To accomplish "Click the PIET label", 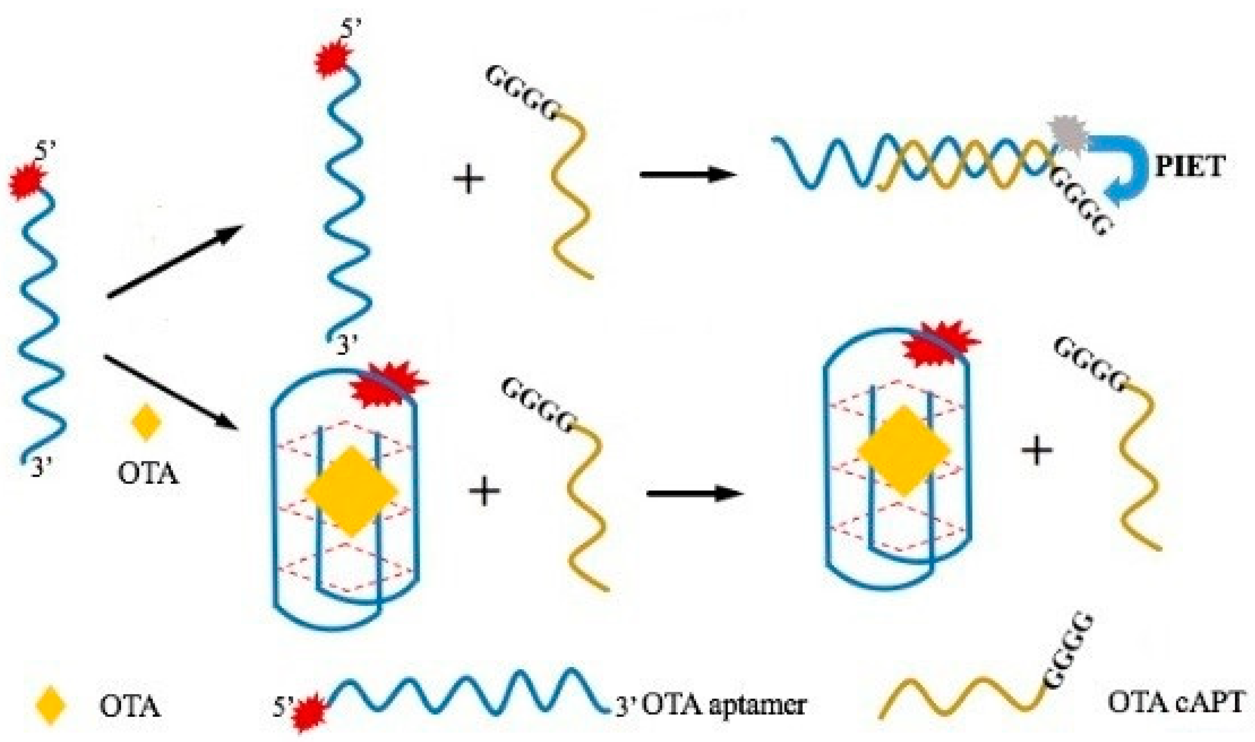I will [x=1189, y=166].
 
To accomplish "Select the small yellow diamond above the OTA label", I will [x=146, y=422].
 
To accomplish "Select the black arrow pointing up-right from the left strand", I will [x=175, y=261].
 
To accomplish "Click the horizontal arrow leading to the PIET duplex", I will [x=688, y=175].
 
